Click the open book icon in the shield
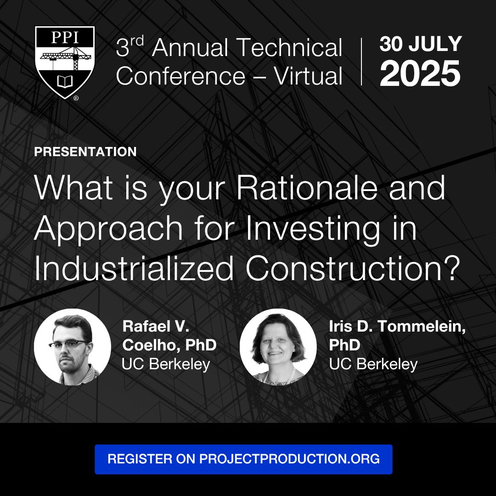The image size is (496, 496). [x=65, y=81]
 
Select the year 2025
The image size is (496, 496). [x=420, y=73]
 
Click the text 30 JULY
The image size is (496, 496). [x=421, y=44]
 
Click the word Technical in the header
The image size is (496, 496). [x=289, y=48]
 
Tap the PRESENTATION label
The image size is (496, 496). [x=85, y=152]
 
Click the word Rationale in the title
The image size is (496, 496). [x=307, y=188]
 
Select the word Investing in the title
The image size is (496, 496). [x=313, y=229]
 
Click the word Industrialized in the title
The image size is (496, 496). [x=134, y=268]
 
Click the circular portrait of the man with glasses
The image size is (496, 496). [x=73, y=347]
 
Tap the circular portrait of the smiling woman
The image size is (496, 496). [x=278, y=347]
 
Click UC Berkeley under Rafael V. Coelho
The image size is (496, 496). [x=166, y=364]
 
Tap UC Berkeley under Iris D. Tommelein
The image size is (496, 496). [x=373, y=364]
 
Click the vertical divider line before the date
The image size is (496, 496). [x=361, y=62]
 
